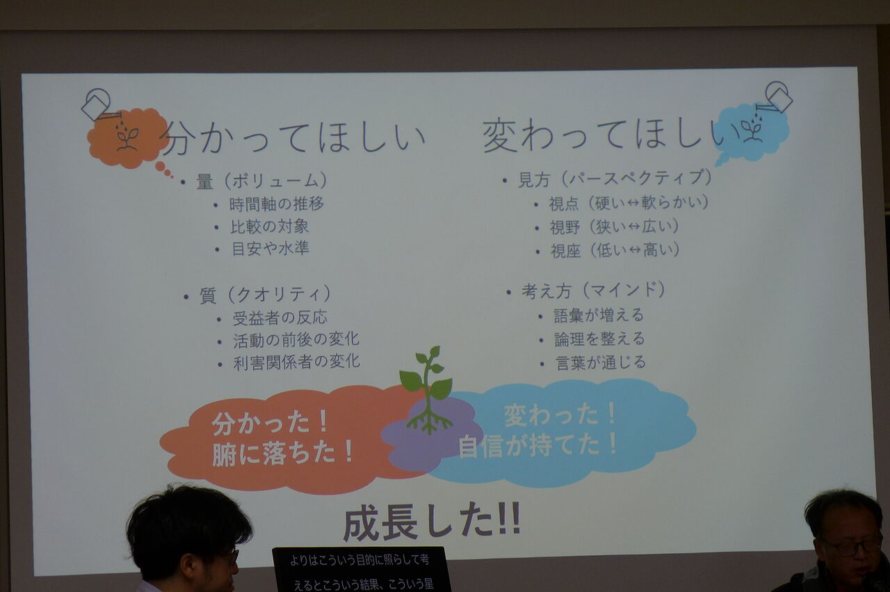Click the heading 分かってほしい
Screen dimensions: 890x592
click(295, 138)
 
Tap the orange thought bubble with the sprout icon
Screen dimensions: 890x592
click(128, 138)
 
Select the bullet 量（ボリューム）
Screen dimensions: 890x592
click(262, 181)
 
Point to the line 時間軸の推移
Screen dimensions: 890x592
click(277, 204)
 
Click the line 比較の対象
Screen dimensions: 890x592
click(269, 227)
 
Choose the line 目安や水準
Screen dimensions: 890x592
click(270, 249)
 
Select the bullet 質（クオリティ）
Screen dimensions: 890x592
click(265, 295)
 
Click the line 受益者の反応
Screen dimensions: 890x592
click(280, 318)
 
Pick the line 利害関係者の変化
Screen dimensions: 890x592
click(296, 362)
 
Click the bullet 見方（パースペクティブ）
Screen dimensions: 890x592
click(615, 179)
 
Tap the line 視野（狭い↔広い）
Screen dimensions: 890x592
click(614, 227)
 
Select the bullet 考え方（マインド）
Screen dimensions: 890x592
click(594, 290)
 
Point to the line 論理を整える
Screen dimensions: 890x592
click(599, 339)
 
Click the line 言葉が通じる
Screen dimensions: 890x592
click(601, 363)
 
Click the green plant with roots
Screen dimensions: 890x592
click(427, 390)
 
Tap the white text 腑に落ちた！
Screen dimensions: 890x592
click(283, 454)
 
